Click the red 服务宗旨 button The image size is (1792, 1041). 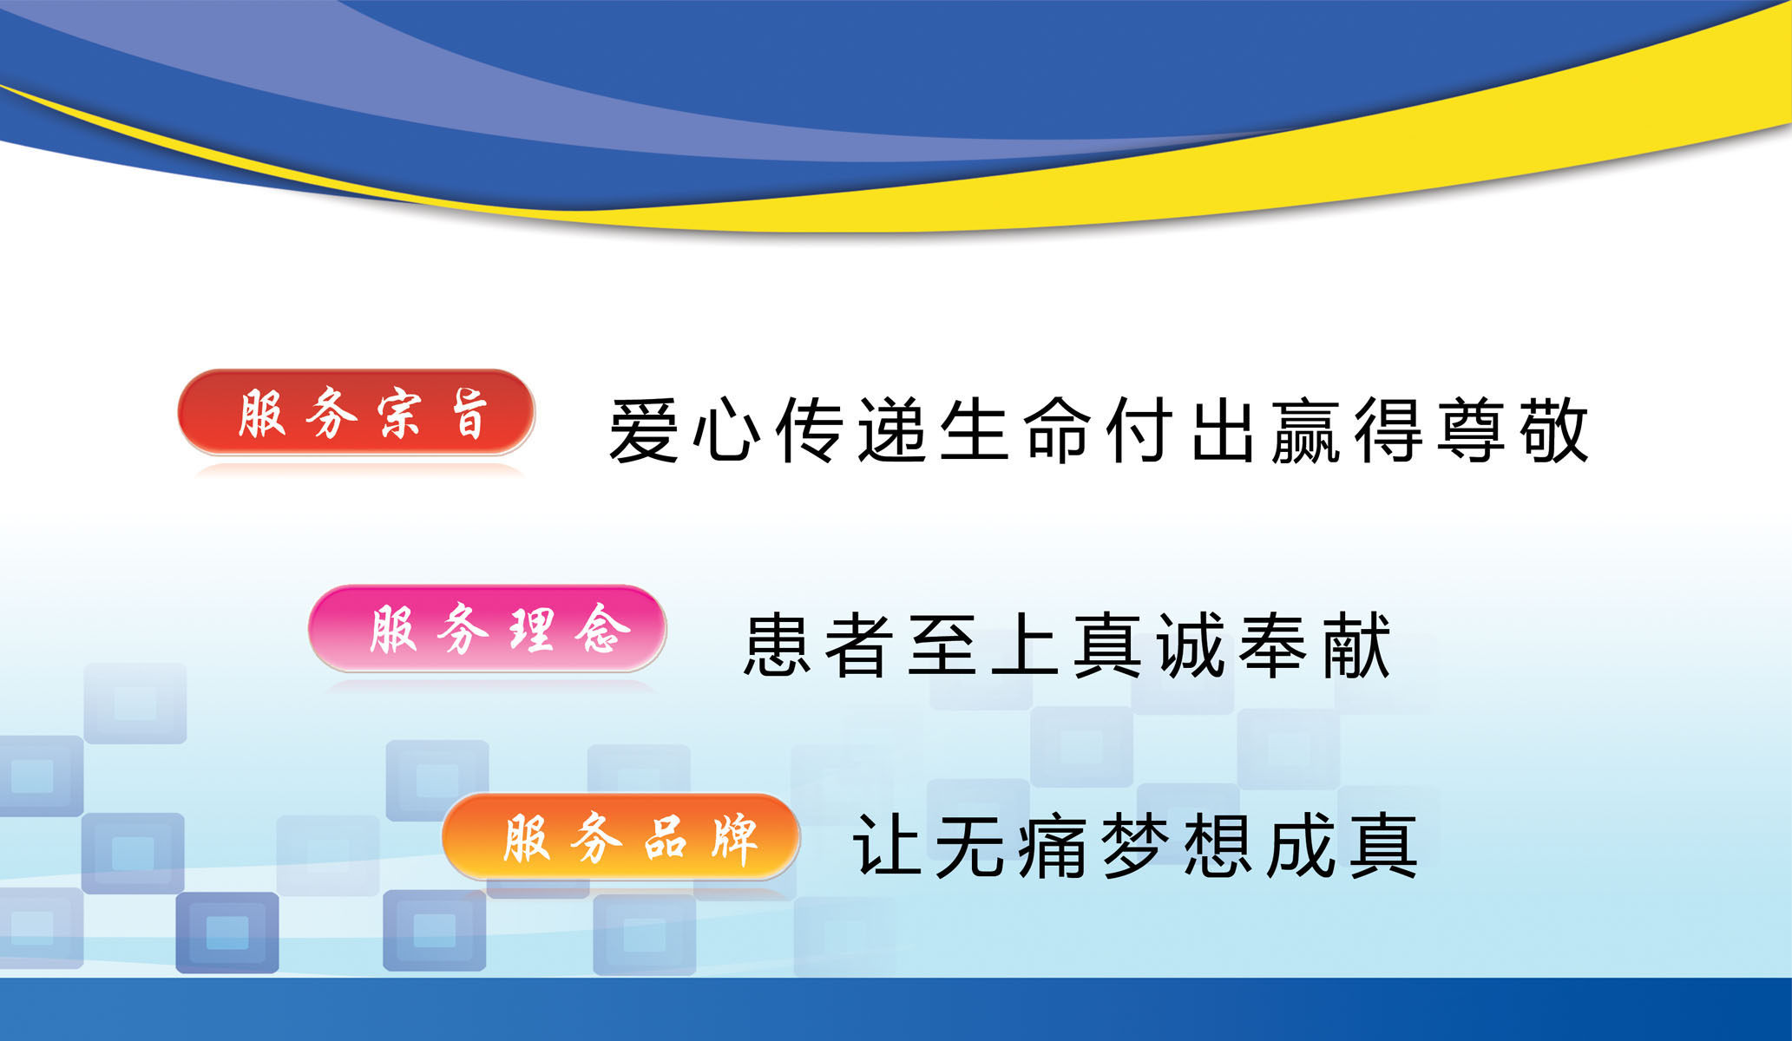click(x=356, y=412)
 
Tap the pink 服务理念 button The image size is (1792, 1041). click(x=487, y=628)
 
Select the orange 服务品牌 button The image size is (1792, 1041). click(x=620, y=837)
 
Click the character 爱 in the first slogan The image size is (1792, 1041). click(x=643, y=430)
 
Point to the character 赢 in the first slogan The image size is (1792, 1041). click(x=1306, y=430)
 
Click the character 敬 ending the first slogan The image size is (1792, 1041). click(x=1555, y=430)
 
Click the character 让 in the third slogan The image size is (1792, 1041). click(x=886, y=846)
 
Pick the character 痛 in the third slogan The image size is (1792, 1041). click(x=1052, y=846)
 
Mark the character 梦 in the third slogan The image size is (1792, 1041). click(x=1134, y=846)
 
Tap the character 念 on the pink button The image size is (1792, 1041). click(x=601, y=629)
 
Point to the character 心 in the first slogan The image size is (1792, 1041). click(x=726, y=430)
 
